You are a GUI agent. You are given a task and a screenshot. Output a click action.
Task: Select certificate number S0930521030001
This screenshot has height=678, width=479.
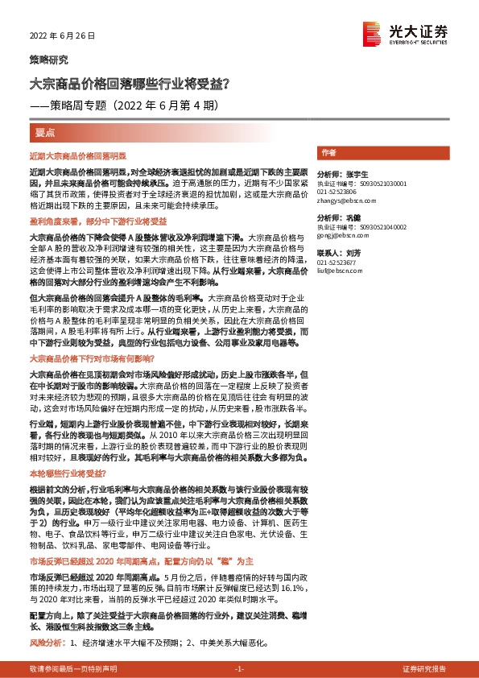tap(386, 183)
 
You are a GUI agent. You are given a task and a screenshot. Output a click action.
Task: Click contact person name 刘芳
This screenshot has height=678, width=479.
tap(352, 253)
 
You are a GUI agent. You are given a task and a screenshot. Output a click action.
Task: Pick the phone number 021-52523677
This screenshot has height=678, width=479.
tap(337, 263)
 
